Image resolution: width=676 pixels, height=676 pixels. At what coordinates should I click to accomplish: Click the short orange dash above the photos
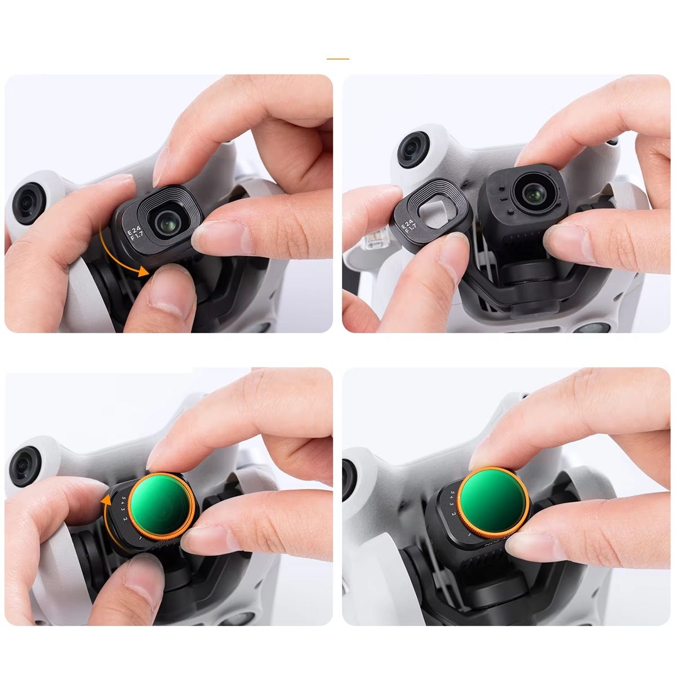(338, 59)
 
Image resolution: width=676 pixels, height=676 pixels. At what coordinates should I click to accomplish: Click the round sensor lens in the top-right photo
(413, 148)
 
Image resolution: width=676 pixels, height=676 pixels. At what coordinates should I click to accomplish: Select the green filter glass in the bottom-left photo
(162, 501)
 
